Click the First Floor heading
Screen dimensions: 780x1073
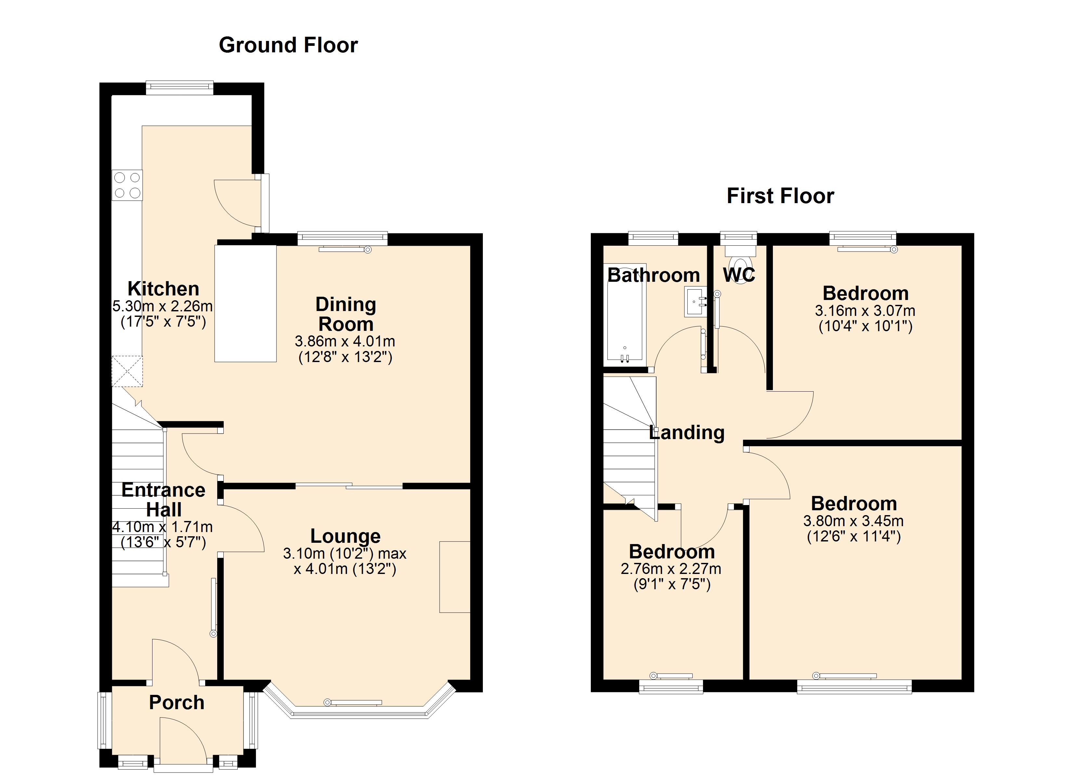[x=780, y=196]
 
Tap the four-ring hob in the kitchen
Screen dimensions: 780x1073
[x=127, y=185]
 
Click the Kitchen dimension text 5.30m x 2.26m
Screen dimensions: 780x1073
[x=162, y=306]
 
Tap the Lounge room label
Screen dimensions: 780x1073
[x=345, y=536]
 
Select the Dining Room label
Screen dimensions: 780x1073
[x=346, y=314]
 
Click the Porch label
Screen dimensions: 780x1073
[x=177, y=702]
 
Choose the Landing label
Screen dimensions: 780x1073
[x=687, y=432]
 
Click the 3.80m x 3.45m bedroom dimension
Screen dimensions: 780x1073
[x=854, y=521]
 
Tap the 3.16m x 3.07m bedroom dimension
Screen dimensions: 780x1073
[x=865, y=311]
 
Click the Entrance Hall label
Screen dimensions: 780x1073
[x=163, y=500]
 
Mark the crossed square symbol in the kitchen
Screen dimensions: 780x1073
[x=127, y=371]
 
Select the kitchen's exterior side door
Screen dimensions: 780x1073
[x=265, y=203]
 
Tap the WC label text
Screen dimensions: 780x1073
[x=738, y=275]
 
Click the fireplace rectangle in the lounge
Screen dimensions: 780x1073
[x=455, y=577]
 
